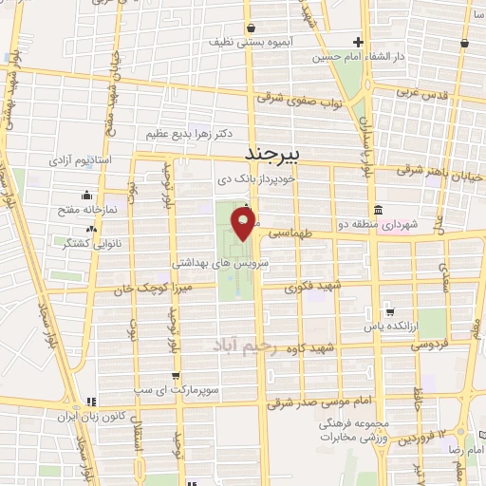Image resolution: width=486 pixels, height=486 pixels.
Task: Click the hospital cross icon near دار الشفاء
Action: pyautogui.click(x=358, y=42)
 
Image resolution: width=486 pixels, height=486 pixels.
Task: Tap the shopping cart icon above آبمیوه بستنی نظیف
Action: pyautogui.click(x=249, y=28)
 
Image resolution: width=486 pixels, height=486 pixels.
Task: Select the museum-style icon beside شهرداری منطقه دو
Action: pyautogui.click(x=379, y=210)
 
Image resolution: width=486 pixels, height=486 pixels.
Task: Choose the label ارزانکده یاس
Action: pyautogui.click(x=389, y=327)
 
